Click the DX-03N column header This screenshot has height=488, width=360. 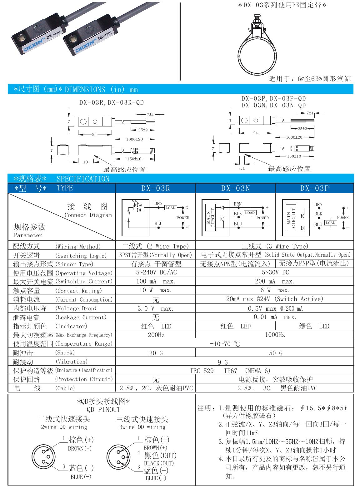coord(235,188)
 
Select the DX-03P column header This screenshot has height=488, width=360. coord(314,188)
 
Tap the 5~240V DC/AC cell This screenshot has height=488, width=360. coord(155,273)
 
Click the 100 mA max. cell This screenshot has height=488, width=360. coord(155,281)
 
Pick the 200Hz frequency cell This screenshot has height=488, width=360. coord(155,335)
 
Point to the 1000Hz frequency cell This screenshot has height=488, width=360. coord(274,335)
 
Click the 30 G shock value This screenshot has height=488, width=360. coord(155,353)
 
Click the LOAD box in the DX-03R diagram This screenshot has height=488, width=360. coord(170,208)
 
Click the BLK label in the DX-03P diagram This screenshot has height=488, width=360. coord(318,214)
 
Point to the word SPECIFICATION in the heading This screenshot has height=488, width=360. coord(83,179)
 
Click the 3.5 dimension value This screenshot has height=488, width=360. coord(242,168)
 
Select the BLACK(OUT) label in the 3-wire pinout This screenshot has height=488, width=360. coord(158,463)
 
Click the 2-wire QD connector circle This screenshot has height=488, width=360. coord(44,456)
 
